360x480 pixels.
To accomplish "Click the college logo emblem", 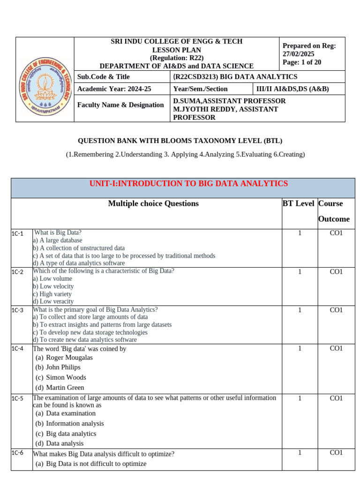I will click(x=45, y=80).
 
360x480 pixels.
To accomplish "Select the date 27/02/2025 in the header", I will click(x=299, y=54).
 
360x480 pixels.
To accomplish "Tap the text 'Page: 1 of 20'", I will click(x=302, y=62).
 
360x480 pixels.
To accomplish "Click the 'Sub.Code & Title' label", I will click(x=104, y=77).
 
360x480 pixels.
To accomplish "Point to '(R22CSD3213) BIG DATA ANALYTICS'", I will click(x=235, y=77).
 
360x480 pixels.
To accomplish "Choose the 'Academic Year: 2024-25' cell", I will click(x=107, y=89).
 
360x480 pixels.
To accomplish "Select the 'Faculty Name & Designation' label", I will click(x=120, y=105).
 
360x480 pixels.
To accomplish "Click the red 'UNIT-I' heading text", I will click(x=188, y=184).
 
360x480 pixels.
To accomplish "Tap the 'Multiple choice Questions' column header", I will click(x=153, y=203).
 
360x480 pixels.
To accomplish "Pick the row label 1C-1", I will click(x=17, y=233).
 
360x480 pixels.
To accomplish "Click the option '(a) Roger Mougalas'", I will click(x=64, y=358).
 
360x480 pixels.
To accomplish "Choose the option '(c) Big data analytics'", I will click(x=66, y=434).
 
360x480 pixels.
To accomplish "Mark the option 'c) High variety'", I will click(x=52, y=294).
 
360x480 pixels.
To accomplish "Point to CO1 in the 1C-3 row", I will click(x=336, y=310).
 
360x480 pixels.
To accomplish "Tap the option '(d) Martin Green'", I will click(x=60, y=388).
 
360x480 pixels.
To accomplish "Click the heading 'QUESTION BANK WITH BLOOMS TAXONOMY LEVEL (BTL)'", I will click(x=180, y=141).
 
